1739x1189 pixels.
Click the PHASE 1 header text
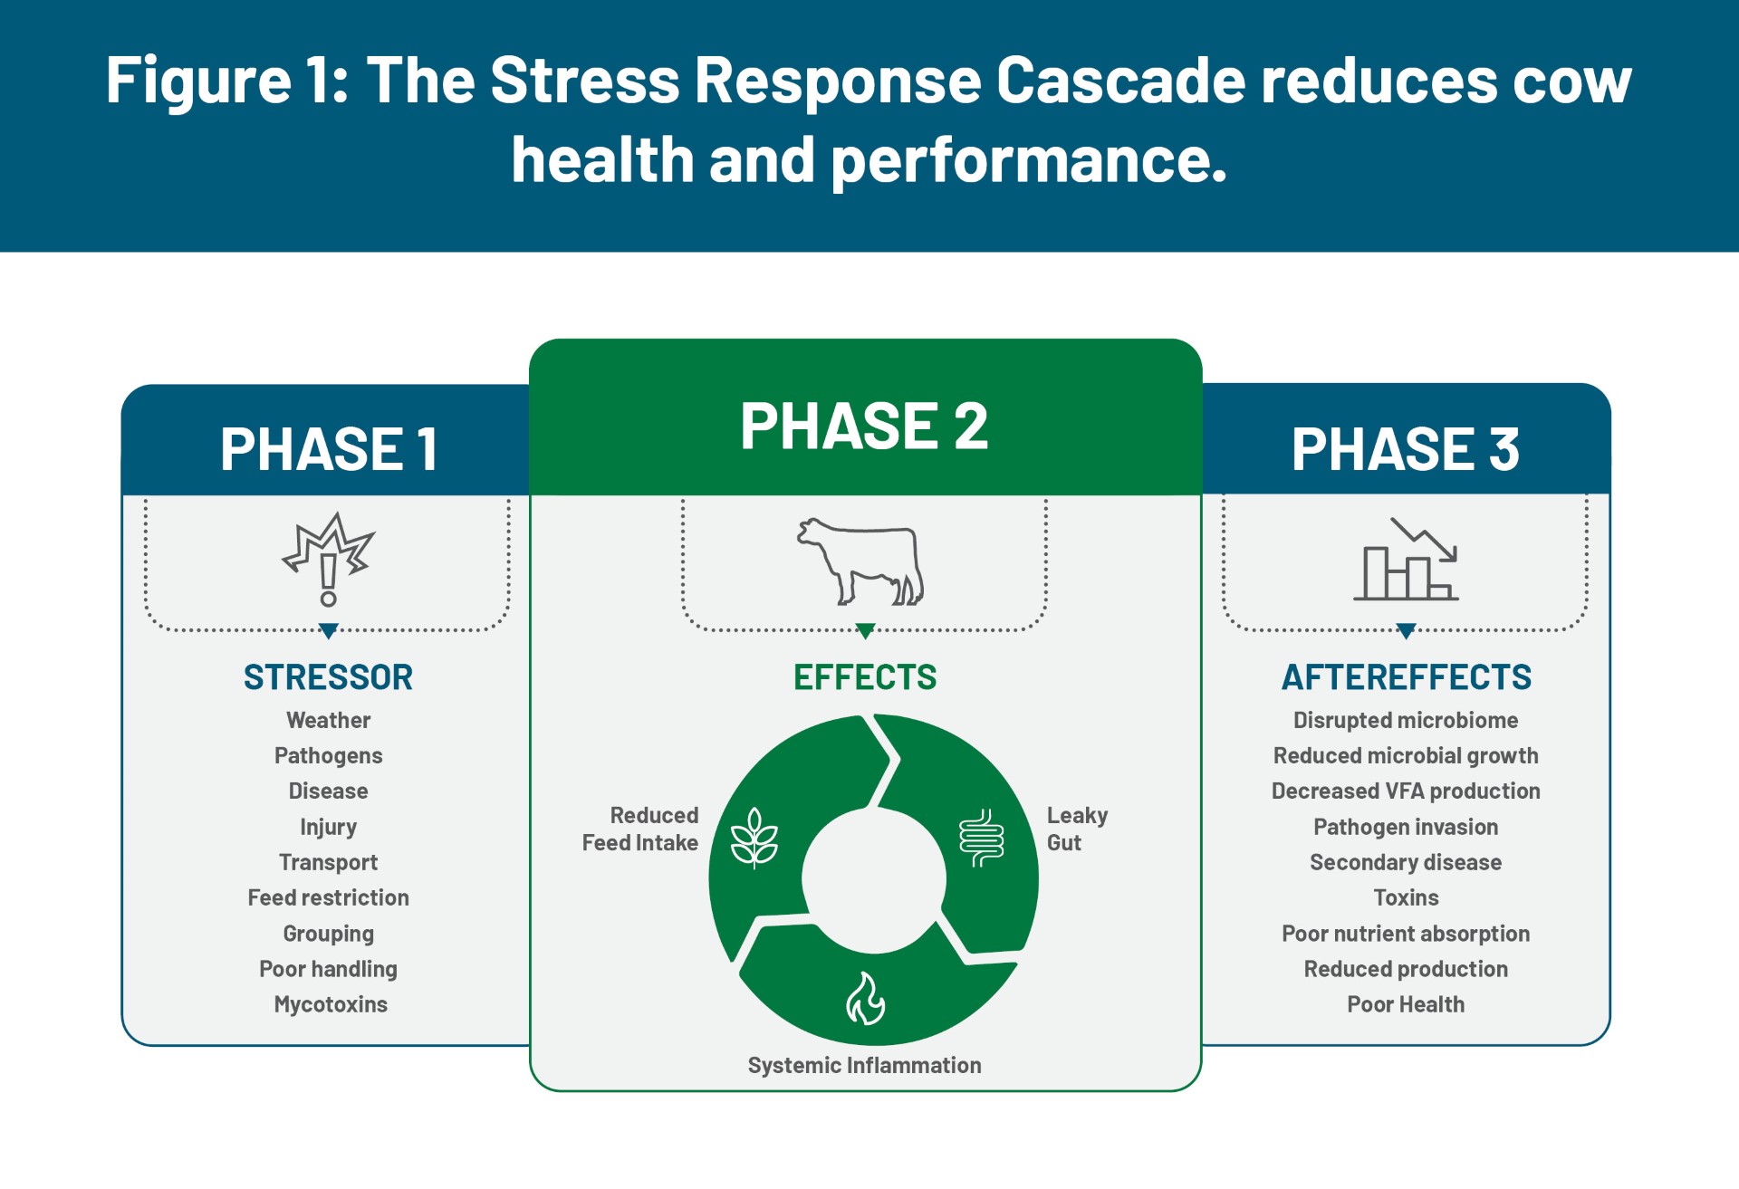[329, 449]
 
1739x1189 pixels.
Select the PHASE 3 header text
[1405, 449]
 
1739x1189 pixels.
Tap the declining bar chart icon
[1406, 559]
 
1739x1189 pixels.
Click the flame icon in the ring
[865, 999]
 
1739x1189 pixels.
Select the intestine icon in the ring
[982, 838]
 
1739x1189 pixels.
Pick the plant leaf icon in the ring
[754, 838]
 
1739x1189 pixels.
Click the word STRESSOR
[328, 677]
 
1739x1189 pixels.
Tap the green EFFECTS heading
[865, 677]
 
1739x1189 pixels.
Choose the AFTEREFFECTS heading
[1406, 677]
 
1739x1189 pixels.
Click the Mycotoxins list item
[331, 1004]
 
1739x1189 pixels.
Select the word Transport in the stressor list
[329, 862]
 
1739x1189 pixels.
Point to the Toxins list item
[1406, 897]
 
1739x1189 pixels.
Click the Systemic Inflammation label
[865, 1065]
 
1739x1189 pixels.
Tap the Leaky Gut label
[1077, 829]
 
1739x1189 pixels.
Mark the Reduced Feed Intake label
[640, 829]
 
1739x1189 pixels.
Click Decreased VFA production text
[1406, 791]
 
